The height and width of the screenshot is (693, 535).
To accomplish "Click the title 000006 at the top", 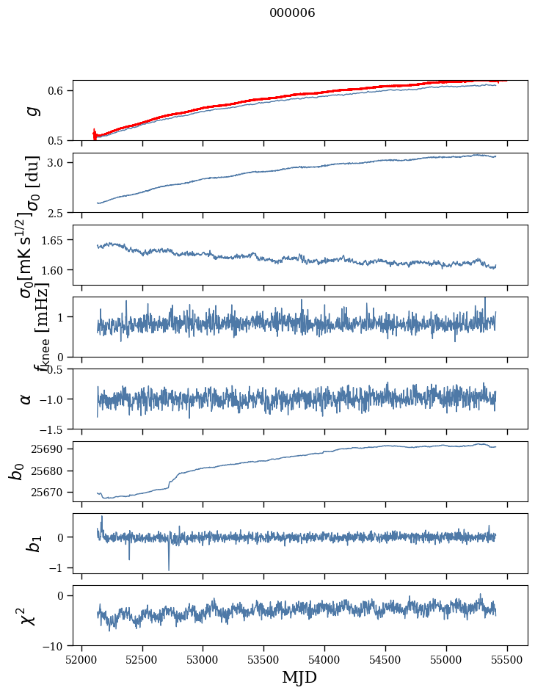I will pos(292,13).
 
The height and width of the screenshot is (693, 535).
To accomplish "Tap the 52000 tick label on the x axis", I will pos(81,659).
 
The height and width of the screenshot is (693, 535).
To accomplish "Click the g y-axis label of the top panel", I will pos(31,111).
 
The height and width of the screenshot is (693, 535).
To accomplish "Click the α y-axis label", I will pos(26,399).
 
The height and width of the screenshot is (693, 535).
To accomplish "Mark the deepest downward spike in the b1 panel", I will pos(169,569).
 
